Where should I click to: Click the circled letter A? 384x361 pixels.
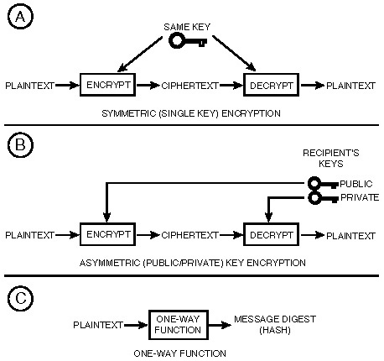point(20,17)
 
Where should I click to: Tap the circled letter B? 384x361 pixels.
point(20,145)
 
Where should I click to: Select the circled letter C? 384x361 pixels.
point(20,298)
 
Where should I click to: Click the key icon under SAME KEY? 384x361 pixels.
point(188,41)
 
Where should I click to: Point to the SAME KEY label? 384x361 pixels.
point(187,27)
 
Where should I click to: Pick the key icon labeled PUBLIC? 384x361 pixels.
point(323,184)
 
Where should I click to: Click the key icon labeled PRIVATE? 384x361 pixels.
point(323,198)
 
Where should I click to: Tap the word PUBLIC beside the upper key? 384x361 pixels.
point(356,184)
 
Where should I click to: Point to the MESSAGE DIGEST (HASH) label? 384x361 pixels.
point(275,325)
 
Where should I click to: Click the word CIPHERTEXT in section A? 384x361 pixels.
point(189,86)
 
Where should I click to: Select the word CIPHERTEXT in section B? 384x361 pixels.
point(189,235)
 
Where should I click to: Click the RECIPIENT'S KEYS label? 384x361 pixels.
point(331,158)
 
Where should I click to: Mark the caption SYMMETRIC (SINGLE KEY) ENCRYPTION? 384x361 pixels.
point(191,113)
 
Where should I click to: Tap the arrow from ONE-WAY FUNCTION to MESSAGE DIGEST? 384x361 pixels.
point(220,325)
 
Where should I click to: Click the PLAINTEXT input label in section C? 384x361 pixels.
point(98,325)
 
